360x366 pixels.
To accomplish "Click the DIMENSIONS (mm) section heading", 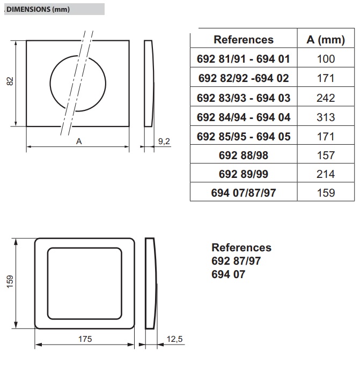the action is (x=38, y=9).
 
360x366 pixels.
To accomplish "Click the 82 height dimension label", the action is (x=10, y=81).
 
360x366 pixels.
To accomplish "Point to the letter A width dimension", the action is (x=79, y=141).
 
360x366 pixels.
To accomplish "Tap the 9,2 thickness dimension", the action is (x=164, y=141).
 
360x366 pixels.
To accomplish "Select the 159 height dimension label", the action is (x=10, y=282).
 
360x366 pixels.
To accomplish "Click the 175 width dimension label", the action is (x=85, y=339).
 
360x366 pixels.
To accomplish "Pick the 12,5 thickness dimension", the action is (x=174, y=339).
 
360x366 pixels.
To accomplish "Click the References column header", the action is (x=244, y=40).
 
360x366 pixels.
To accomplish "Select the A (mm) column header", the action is (x=326, y=40).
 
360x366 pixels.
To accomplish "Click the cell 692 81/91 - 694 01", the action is (x=244, y=59).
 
